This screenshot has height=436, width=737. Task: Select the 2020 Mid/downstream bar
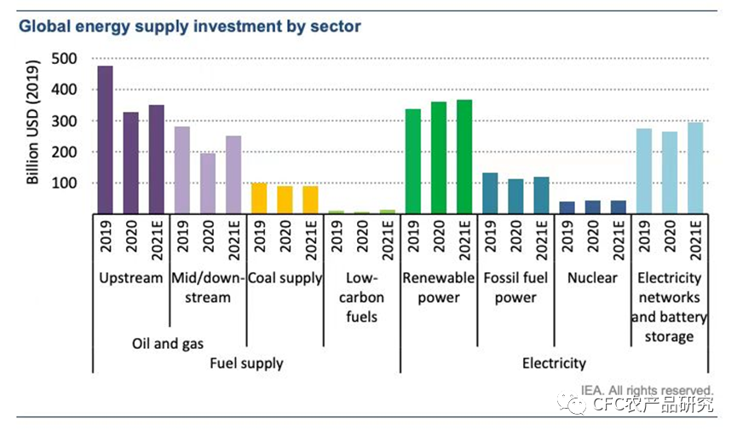point(208,183)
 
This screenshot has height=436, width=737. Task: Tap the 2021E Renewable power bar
point(464,157)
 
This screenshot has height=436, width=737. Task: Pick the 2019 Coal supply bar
point(259,198)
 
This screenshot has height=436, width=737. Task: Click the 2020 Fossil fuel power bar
point(515,196)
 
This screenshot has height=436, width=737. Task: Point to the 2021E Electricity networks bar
point(694,168)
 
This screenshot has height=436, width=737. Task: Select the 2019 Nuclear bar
point(567,207)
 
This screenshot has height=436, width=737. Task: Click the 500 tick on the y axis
point(64,59)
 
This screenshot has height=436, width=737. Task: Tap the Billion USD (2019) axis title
point(33,123)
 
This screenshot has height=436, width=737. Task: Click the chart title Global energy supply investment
point(190,26)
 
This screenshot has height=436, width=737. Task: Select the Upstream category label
point(130,278)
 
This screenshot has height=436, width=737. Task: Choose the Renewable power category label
point(439,288)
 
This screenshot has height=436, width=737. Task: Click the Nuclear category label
point(592,278)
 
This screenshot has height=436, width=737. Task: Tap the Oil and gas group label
point(168,344)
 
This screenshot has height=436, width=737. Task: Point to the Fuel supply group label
point(246,363)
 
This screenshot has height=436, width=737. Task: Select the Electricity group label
point(554,363)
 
